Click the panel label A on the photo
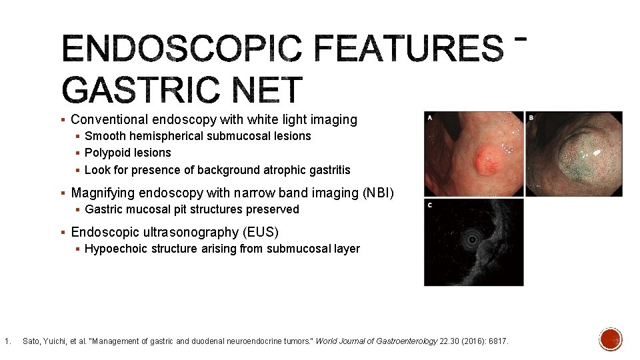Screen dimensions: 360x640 click(x=430, y=118)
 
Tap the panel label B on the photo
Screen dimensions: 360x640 click(x=531, y=118)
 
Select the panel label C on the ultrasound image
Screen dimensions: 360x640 click(x=430, y=205)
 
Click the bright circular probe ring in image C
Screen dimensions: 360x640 click(x=473, y=238)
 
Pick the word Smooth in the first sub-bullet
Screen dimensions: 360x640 click(x=105, y=136)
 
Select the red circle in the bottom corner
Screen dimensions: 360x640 click(x=611, y=339)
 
